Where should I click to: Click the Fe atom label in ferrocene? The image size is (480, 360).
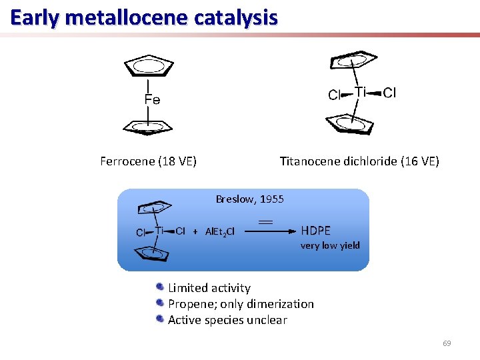152,100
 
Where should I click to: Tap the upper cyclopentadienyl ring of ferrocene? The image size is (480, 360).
147,67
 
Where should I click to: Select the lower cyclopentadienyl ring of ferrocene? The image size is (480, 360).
148,127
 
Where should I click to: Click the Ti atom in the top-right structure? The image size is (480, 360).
361,92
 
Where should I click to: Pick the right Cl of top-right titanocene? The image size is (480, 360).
389,93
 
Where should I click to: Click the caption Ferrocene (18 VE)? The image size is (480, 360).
148,161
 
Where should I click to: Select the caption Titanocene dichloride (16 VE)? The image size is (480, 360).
359,161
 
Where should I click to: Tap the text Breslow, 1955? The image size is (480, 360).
249,199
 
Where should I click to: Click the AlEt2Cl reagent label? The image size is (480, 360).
220,231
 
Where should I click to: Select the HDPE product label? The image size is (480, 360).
316,231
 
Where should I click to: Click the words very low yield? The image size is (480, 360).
330,245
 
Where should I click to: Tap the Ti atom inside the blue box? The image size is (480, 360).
160,230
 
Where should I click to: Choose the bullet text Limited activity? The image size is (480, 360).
209,288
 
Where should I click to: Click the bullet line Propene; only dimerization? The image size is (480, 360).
241,304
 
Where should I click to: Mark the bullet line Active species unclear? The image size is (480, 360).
227,320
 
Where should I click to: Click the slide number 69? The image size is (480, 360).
447,343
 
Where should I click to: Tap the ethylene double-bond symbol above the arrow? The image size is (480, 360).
266,220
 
